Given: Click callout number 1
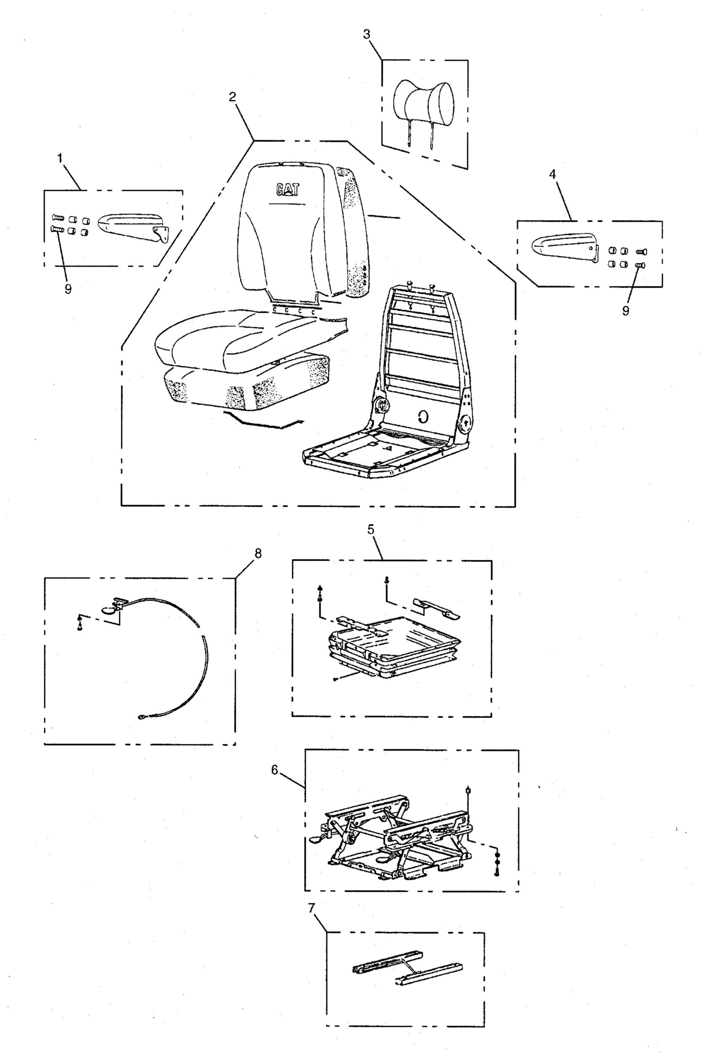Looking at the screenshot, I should point(60,158).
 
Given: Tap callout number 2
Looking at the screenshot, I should point(232,97).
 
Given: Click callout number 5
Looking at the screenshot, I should point(371,529).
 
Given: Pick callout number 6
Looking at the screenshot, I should point(274,769).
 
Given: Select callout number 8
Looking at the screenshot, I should point(257,553).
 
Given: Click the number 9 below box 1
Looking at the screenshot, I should point(68,290).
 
